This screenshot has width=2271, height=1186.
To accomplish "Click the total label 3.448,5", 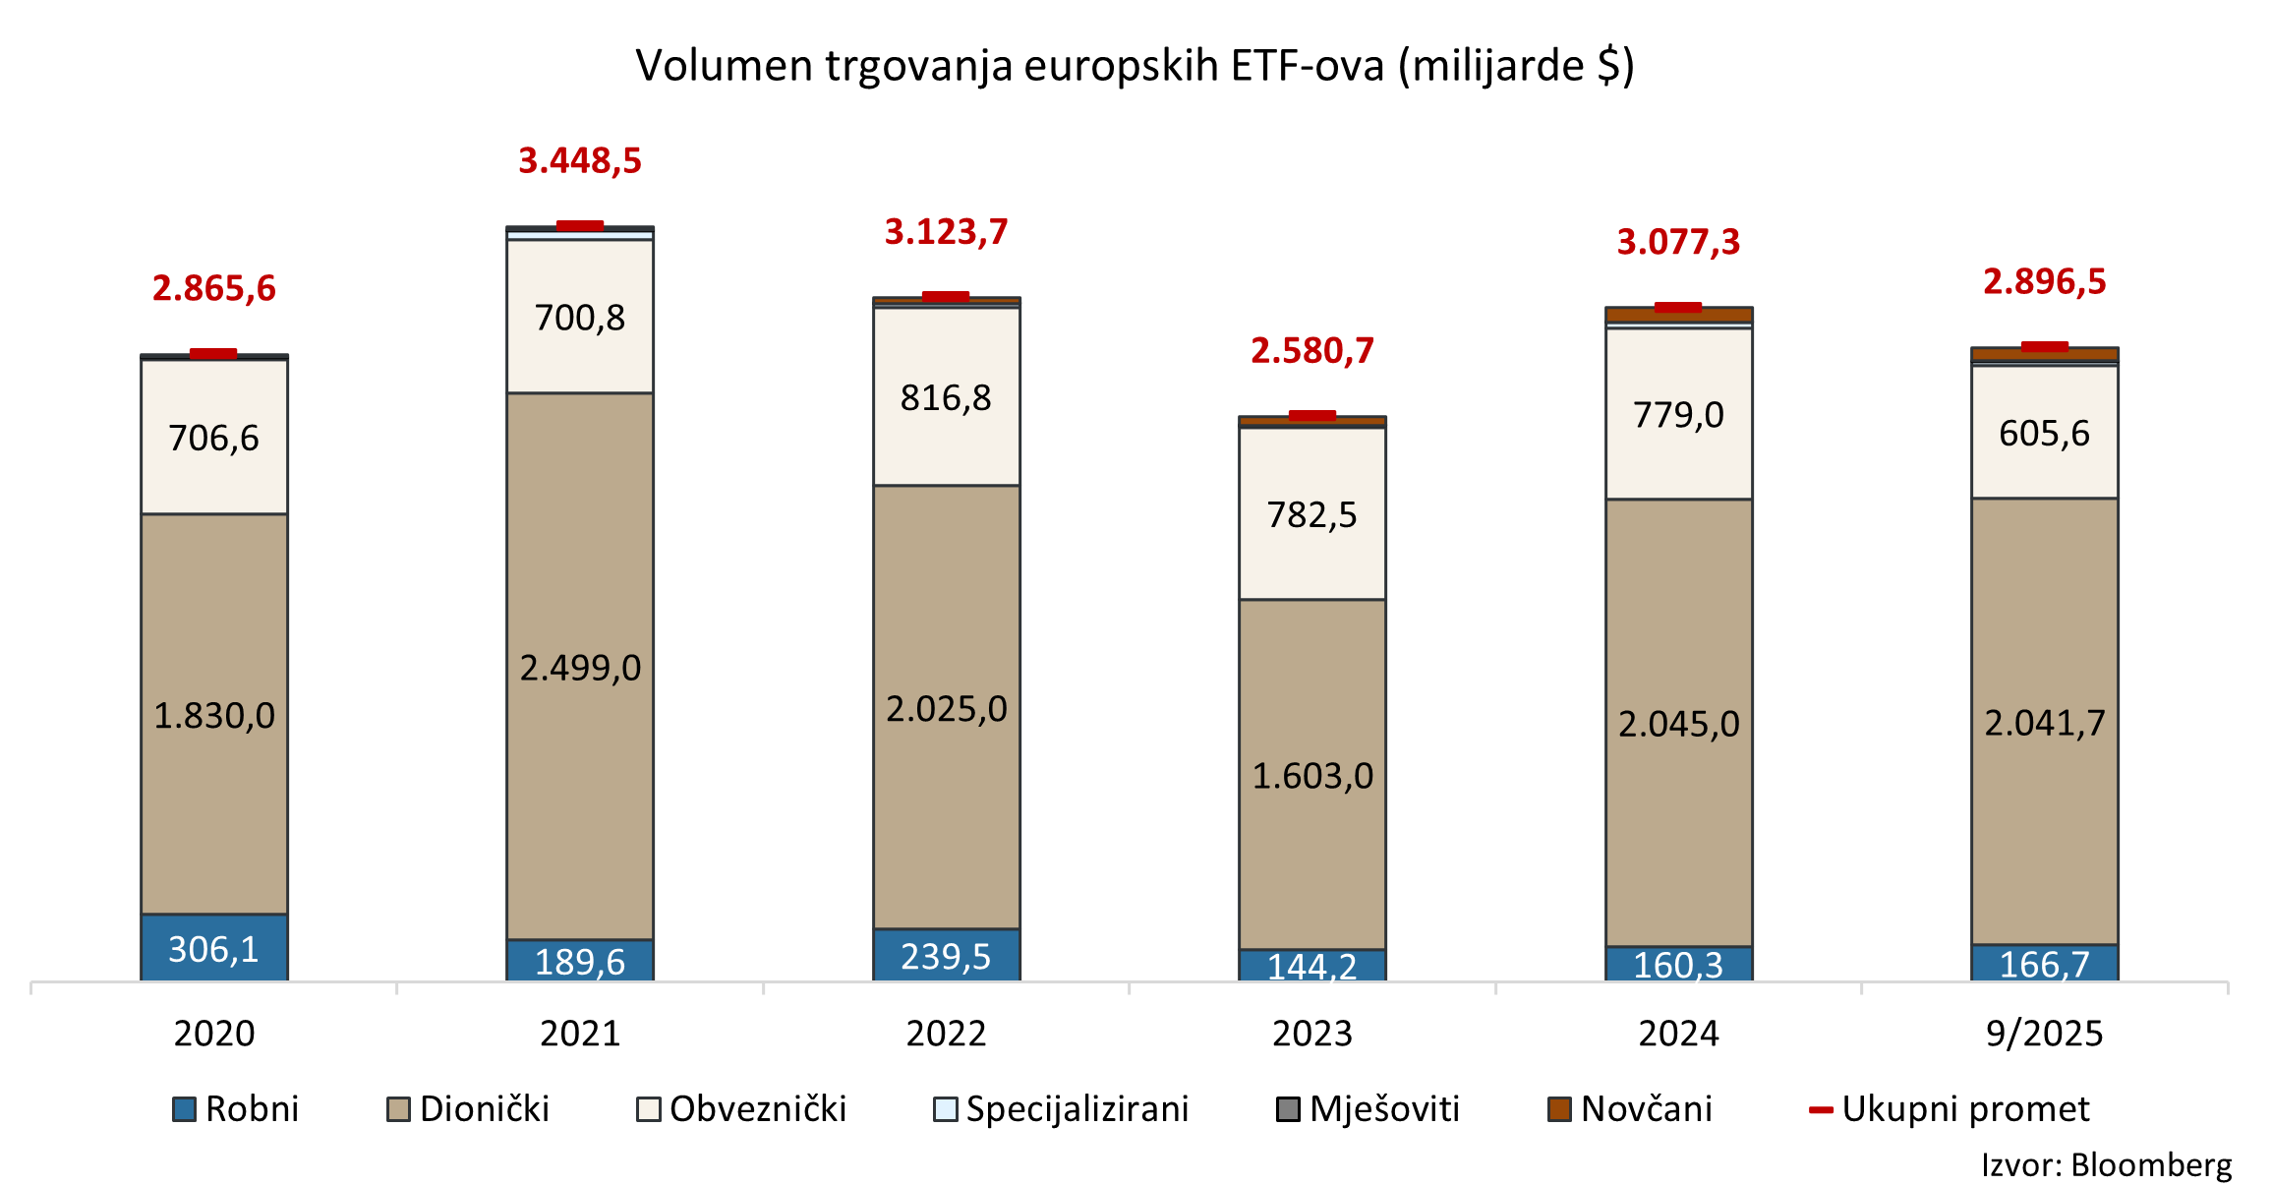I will pyautogui.click(x=580, y=160).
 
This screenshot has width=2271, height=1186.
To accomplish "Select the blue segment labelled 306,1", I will pyautogui.click(x=214, y=949).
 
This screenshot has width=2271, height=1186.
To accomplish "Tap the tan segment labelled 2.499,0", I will pyautogui.click(x=580, y=668).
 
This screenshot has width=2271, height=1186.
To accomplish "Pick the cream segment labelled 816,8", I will pyautogui.click(x=947, y=397).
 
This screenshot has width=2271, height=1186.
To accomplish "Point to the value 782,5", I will pyautogui.click(x=1311, y=514).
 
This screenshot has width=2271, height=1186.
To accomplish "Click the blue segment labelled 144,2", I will pyautogui.click(x=1312, y=966).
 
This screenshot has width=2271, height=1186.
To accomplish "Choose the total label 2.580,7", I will pyautogui.click(x=1311, y=350).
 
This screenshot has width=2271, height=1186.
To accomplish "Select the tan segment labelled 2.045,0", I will pyautogui.click(x=1679, y=724).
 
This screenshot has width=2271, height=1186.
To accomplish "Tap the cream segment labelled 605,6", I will pyautogui.click(x=2045, y=433).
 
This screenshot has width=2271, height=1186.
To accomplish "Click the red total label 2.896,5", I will pyautogui.click(x=2045, y=282).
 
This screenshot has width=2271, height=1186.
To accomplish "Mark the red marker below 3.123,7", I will pyautogui.click(x=946, y=296).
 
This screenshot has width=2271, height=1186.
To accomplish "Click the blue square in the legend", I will pyautogui.click(x=184, y=1109).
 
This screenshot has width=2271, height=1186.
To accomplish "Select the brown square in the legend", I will pyautogui.click(x=1559, y=1109).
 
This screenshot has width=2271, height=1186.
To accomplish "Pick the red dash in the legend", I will pyautogui.click(x=1821, y=1110).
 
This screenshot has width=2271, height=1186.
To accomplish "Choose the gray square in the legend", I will pyautogui.click(x=1288, y=1109).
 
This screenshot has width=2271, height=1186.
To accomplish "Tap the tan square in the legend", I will pyautogui.click(x=398, y=1109).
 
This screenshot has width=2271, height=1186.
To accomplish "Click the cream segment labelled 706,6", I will pyautogui.click(x=214, y=438).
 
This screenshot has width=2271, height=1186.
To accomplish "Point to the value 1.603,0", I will pyautogui.click(x=1312, y=776).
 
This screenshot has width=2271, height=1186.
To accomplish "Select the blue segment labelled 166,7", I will pyautogui.click(x=2045, y=964).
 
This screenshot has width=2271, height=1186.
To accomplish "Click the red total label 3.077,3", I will pyautogui.click(x=1678, y=242).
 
